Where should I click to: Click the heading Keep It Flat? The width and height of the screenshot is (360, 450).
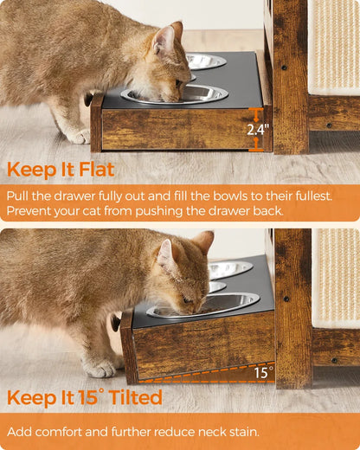click(x=61, y=169)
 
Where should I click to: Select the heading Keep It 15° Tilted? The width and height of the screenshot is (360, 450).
click(x=85, y=397)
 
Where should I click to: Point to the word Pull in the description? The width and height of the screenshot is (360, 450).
click(x=19, y=196)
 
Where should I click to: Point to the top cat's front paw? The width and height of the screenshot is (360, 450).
click(x=78, y=136)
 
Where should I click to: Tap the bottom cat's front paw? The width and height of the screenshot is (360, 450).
click(x=101, y=368)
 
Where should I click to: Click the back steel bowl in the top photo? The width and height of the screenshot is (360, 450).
click(x=206, y=61)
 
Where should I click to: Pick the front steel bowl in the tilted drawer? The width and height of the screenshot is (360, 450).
click(x=203, y=305)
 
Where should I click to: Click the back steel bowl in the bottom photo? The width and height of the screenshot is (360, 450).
click(x=229, y=269)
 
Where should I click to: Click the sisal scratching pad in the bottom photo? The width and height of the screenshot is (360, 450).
click(x=336, y=277)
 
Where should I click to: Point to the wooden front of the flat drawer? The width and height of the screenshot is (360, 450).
click(x=173, y=128)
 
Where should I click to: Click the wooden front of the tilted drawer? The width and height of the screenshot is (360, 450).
click(x=199, y=346)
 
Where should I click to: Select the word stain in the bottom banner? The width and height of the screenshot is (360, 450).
click(x=254, y=431)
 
